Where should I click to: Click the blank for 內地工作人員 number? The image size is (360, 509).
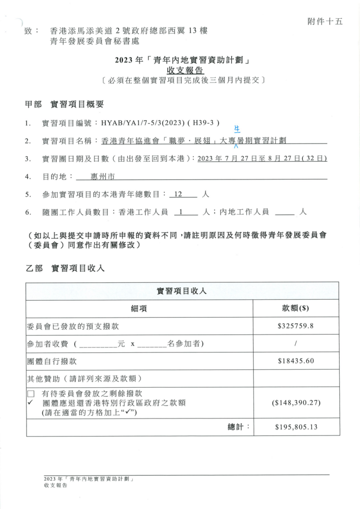click(x=284, y=212)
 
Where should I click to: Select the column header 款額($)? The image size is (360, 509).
click(x=296, y=308)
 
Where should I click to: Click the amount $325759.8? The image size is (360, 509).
click(x=296, y=327)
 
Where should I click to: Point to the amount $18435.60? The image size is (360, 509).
click(x=296, y=361)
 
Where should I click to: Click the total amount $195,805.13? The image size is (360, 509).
click(x=296, y=427)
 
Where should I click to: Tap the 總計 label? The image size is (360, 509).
click(x=238, y=427)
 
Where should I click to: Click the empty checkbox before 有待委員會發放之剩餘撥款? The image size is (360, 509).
click(x=30, y=394)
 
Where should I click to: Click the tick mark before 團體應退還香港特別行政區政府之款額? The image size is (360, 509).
click(x=30, y=402)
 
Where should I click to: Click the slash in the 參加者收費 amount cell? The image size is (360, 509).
click(x=296, y=344)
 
